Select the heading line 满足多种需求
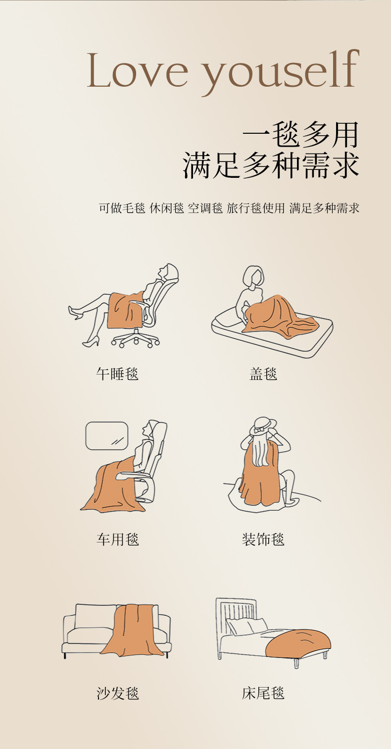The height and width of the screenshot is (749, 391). pos(271,165)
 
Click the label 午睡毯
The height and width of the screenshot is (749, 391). pos(117,374)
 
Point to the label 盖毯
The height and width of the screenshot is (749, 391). pos(263,374)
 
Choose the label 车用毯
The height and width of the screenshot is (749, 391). pos(117,539)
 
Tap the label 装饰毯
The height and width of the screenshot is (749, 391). pos(263,539)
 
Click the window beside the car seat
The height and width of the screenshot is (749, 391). pos(107,436)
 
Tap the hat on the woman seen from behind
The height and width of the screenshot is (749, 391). pos(263,426)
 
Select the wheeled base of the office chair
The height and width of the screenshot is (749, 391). pos(135,338)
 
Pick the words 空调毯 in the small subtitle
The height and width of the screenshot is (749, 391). pos(205,208)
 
